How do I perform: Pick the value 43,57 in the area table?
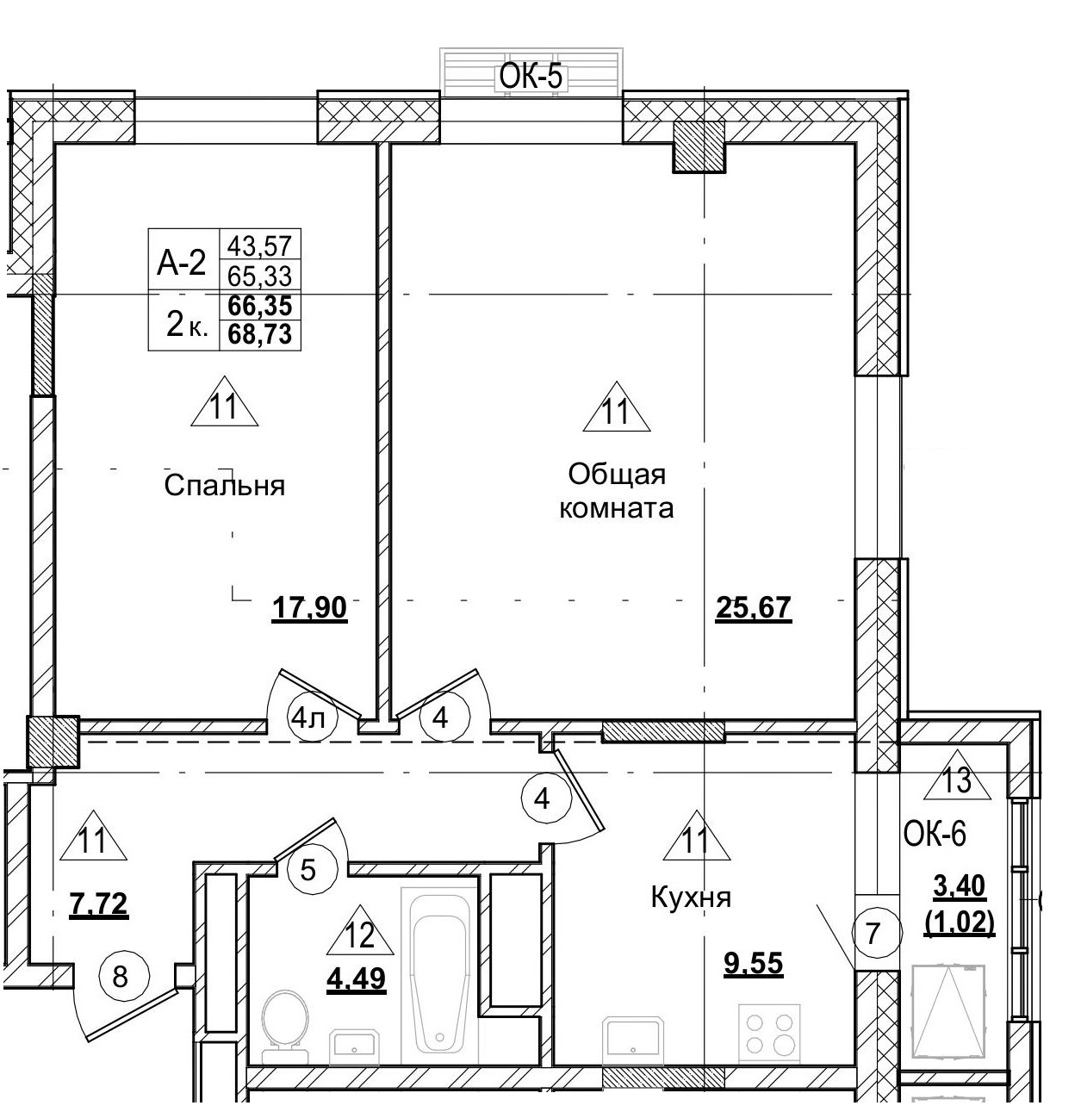coord(259,245)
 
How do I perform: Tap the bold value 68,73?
coord(259,333)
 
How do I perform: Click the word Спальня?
coord(224,486)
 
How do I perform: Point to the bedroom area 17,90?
coord(309,609)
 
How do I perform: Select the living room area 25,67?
coord(753,609)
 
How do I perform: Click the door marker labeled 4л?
coord(308,717)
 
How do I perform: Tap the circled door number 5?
coord(308,870)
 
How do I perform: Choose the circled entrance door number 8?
coord(121,977)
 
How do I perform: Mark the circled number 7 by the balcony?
coord(873,933)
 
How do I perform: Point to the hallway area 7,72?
coord(98,904)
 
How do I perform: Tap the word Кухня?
coord(691,898)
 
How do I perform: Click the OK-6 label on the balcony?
coord(935,833)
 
